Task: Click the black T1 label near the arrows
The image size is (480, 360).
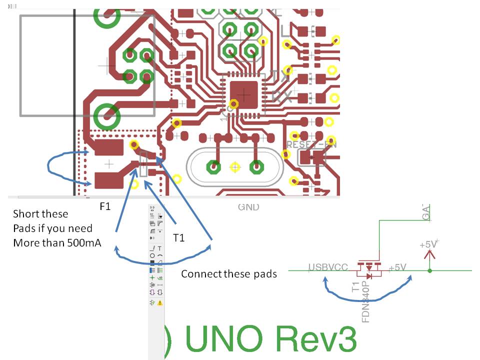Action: [x=179, y=238]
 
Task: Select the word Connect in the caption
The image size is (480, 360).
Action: [x=199, y=274]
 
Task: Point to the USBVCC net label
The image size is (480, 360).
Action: [x=328, y=267]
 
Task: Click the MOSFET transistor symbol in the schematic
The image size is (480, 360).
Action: [x=369, y=270]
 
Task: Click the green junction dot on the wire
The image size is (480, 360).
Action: [x=430, y=271]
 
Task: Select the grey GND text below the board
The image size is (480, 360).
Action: [x=248, y=206]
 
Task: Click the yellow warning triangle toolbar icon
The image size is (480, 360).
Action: [x=160, y=302]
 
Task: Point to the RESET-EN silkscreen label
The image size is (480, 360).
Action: [x=311, y=144]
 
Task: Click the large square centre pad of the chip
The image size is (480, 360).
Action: [x=243, y=93]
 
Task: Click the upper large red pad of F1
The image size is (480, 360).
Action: [x=107, y=147]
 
